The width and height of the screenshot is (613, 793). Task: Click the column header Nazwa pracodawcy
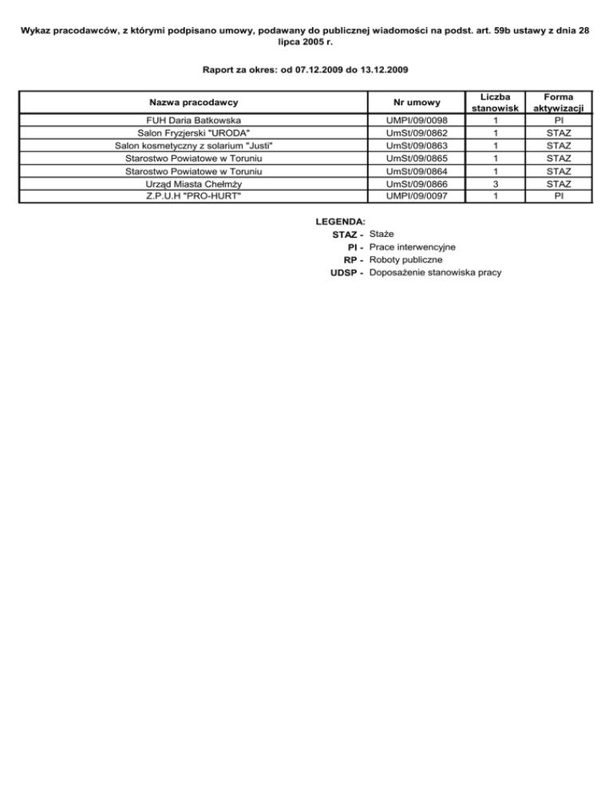[x=194, y=102]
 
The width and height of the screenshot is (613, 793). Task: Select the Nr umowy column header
[x=416, y=102]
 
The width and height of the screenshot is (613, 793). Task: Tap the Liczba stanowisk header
[x=495, y=102]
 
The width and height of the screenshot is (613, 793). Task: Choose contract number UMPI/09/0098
[x=416, y=120]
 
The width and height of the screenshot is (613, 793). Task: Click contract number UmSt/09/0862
[x=416, y=133]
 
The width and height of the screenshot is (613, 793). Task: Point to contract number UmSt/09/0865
[x=416, y=159]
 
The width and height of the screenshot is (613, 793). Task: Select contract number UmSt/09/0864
[x=416, y=172]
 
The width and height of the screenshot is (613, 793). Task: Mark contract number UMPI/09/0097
[x=416, y=196]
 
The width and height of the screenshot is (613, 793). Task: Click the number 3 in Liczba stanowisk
[x=495, y=184]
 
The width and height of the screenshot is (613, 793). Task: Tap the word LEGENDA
[x=341, y=221]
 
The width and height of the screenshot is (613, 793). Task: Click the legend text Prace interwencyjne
[x=413, y=247]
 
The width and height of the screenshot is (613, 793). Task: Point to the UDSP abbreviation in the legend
[x=345, y=273]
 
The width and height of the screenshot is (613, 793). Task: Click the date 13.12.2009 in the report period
[x=382, y=70]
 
